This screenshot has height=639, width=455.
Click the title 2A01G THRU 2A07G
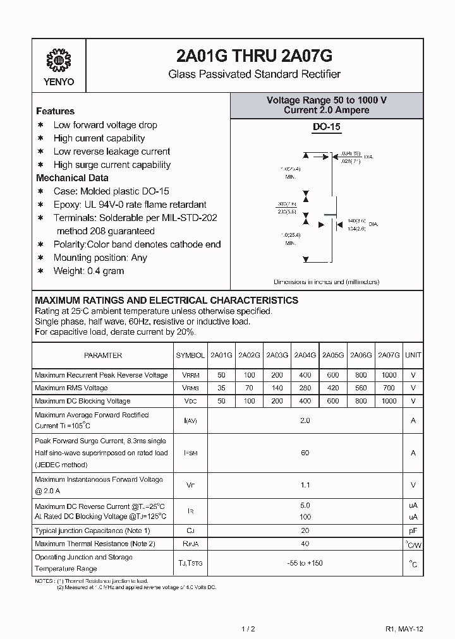[x=254, y=56]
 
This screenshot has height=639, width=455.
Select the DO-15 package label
[x=327, y=127]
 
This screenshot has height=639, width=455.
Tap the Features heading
[x=55, y=111]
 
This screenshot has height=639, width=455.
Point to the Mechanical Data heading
[x=72, y=178]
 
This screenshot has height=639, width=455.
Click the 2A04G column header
[x=305, y=355]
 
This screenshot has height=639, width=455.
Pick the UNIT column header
[x=413, y=355]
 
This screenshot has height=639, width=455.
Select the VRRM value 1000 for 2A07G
[x=389, y=375]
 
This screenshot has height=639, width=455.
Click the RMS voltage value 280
[x=305, y=388]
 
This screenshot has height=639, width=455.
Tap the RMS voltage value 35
[x=221, y=388]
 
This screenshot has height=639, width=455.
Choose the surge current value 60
[x=305, y=453]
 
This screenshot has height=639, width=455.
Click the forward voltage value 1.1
[x=305, y=486]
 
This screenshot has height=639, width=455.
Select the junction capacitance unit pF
[x=413, y=531]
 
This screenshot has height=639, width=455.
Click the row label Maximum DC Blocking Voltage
[x=83, y=401]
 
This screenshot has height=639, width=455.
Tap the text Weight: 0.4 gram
[x=88, y=271]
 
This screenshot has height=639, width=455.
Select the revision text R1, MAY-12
[x=404, y=628]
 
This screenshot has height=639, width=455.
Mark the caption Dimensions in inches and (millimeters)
[x=327, y=282]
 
